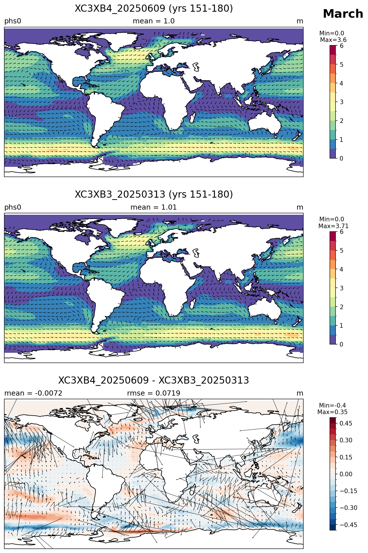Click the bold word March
click(343, 14)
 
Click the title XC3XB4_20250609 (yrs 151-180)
click(154, 9)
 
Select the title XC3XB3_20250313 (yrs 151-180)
click(154, 195)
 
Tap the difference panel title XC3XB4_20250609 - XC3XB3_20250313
click(154, 380)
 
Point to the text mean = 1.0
click(154, 21)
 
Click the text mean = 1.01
click(154, 207)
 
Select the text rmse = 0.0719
click(154, 393)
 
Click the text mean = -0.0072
click(33, 393)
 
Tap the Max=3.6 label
click(333, 40)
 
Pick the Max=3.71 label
click(333, 226)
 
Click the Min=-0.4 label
click(333, 405)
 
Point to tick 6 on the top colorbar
click(342, 46)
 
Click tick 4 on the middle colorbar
click(342, 269)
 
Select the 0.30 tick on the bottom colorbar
click(346, 440)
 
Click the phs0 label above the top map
click(13, 21)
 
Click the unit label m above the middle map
click(300, 207)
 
